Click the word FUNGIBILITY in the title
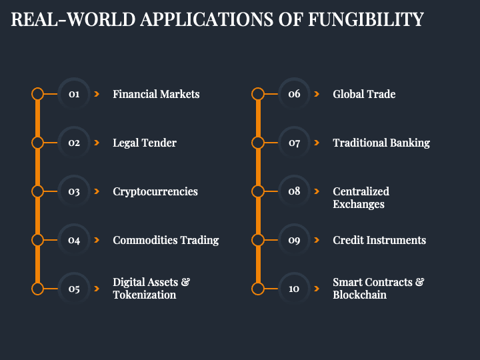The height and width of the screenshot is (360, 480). [366, 20]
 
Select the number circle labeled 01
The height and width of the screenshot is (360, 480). [74, 94]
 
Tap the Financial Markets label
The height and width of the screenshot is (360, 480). [156, 94]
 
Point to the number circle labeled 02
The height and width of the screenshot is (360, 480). [74, 143]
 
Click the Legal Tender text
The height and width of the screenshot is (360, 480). [145, 143]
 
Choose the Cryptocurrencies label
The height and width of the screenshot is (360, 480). [155, 191]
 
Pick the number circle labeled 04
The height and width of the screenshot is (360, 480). [74, 240]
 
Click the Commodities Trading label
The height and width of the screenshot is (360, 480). [166, 240]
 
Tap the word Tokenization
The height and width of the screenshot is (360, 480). [145, 295]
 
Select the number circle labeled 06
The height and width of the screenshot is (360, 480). [294, 94]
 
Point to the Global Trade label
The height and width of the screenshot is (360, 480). [364, 94]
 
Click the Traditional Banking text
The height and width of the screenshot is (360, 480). [381, 143]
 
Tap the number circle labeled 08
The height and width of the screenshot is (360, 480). [294, 191]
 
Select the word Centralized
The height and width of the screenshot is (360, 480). [361, 191]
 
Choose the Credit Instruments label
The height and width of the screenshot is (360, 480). [379, 240]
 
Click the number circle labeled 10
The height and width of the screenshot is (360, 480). [294, 289]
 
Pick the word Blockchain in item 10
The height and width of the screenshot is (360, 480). [360, 295]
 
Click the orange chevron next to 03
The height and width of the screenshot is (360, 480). [97, 191]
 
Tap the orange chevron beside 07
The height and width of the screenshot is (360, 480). [317, 143]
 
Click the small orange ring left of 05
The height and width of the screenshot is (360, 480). [38, 289]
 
